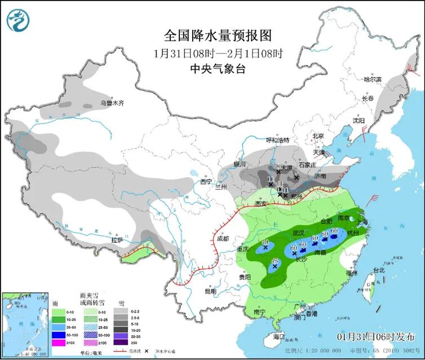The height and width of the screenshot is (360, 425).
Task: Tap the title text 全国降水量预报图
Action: tap(218, 36)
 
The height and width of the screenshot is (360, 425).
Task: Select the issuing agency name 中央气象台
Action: tap(218, 69)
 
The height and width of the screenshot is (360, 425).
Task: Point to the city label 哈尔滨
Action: tap(373, 80)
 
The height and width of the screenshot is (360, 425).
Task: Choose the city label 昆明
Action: tap(210, 291)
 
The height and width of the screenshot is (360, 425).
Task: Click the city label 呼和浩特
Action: tap(277, 140)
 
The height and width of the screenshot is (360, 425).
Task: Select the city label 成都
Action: tap(222, 239)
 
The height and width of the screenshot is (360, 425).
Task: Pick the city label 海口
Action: tap(278, 336)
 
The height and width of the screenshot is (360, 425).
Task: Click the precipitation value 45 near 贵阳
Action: tap(275, 261)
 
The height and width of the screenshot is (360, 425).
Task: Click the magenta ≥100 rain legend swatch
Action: tap(59, 342)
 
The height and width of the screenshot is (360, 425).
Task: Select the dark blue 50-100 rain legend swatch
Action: tap(59, 335)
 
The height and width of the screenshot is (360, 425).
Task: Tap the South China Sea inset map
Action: tap(25, 324)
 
